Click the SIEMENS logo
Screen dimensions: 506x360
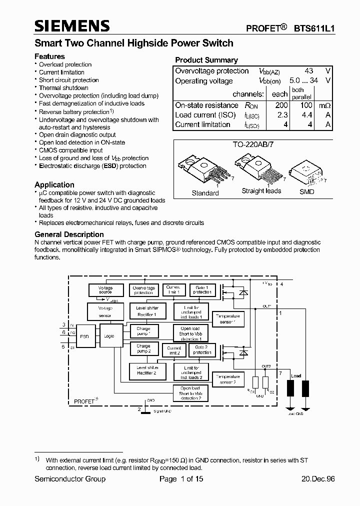(71, 26)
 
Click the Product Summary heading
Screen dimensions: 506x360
(206, 60)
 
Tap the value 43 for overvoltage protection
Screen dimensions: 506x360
(310, 71)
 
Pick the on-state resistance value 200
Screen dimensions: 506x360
(281, 105)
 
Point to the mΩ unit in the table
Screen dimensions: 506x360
(322, 105)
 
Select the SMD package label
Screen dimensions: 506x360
(306, 191)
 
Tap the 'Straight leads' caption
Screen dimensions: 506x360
(261, 190)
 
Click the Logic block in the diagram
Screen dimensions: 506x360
(109, 336)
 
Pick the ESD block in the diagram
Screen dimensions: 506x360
(84, 336)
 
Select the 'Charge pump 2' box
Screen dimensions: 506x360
(143, 348)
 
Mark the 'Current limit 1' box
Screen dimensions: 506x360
(173, 290)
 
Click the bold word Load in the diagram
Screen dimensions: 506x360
(296, 376)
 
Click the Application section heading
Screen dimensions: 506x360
(54, 184)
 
